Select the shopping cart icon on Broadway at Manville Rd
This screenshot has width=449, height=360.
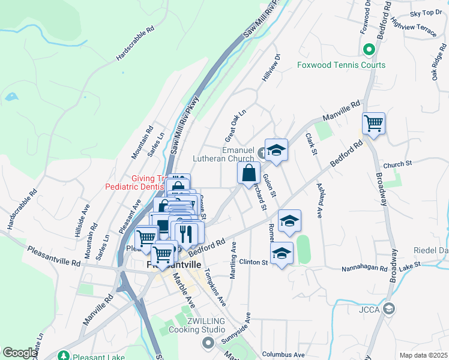[x=373, y=124]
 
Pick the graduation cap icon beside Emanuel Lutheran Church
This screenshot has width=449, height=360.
[x=276, y=150]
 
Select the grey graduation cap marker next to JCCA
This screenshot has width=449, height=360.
[x=389, y=308]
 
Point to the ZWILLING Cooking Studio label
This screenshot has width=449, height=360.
[x=196, y=325]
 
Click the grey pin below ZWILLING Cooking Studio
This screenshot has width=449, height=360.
[x=208, y=343]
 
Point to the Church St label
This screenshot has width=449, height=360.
[x=397, y=163]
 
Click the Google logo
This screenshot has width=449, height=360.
[x=20, y=353]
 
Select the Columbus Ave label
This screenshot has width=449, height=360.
[x=283, y=355]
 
